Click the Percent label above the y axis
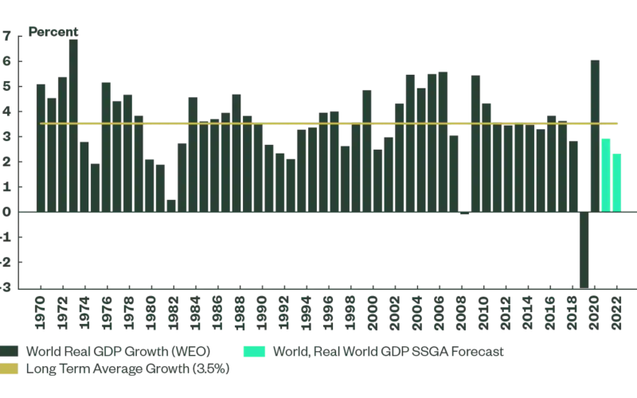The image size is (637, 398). point(53,32)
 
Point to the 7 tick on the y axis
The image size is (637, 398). point(7,36)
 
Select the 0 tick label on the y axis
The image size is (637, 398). point(7,213)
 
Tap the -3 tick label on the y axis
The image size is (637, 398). point(6,288)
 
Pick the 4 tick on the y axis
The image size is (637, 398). point(7,111)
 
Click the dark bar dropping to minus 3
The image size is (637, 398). point(584,250)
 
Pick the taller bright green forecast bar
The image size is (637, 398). point(606,175)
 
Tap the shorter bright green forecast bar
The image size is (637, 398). point(616,183)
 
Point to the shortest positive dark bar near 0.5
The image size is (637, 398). point(170,206)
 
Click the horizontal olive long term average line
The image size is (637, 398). point(318,123)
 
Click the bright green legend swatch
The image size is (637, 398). point(255,351)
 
